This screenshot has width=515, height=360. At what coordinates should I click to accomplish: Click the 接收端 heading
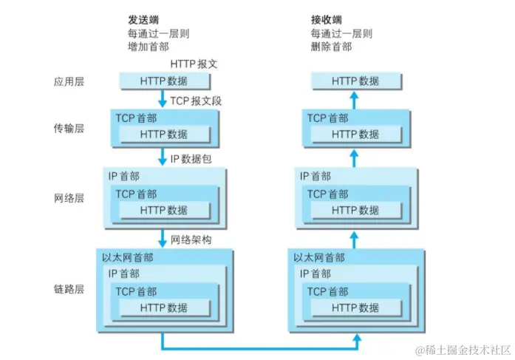click(327, 20)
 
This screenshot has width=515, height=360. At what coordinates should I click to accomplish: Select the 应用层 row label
click(69, 81)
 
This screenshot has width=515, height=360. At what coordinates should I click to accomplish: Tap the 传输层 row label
click(69, 129)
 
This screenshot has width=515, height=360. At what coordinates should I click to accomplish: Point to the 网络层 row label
click(69, 199)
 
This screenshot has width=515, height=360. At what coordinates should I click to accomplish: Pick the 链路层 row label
click(69, 289)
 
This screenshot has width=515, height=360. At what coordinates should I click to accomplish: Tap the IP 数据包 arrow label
click(194, 158)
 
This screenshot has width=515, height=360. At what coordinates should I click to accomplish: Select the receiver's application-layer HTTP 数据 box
click(355, 81)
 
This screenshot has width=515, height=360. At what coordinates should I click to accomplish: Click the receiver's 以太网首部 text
click(319, 258)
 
